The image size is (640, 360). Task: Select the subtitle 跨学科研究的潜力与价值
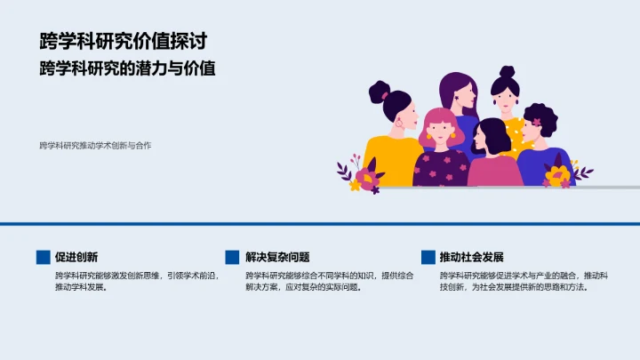128,68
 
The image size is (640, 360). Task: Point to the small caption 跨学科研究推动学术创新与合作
95,145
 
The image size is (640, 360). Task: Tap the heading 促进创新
76,257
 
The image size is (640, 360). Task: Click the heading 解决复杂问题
278,257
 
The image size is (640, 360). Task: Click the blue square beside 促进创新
43,257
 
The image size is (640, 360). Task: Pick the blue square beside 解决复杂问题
233,257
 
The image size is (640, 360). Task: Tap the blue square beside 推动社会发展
428,257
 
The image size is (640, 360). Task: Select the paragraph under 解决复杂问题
329,281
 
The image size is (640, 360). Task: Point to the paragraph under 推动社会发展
524,281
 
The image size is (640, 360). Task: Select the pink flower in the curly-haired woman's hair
536,121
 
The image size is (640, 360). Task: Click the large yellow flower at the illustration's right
558,175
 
